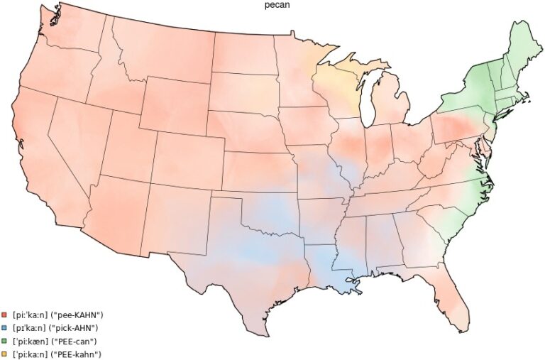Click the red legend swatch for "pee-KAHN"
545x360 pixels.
tap(5, 315)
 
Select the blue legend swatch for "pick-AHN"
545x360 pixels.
tap(5, 328)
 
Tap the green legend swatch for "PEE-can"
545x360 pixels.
tap(5, 341)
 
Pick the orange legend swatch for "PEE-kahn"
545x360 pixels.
tap(5, 354)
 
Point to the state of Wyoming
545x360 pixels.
tap(174, 107)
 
